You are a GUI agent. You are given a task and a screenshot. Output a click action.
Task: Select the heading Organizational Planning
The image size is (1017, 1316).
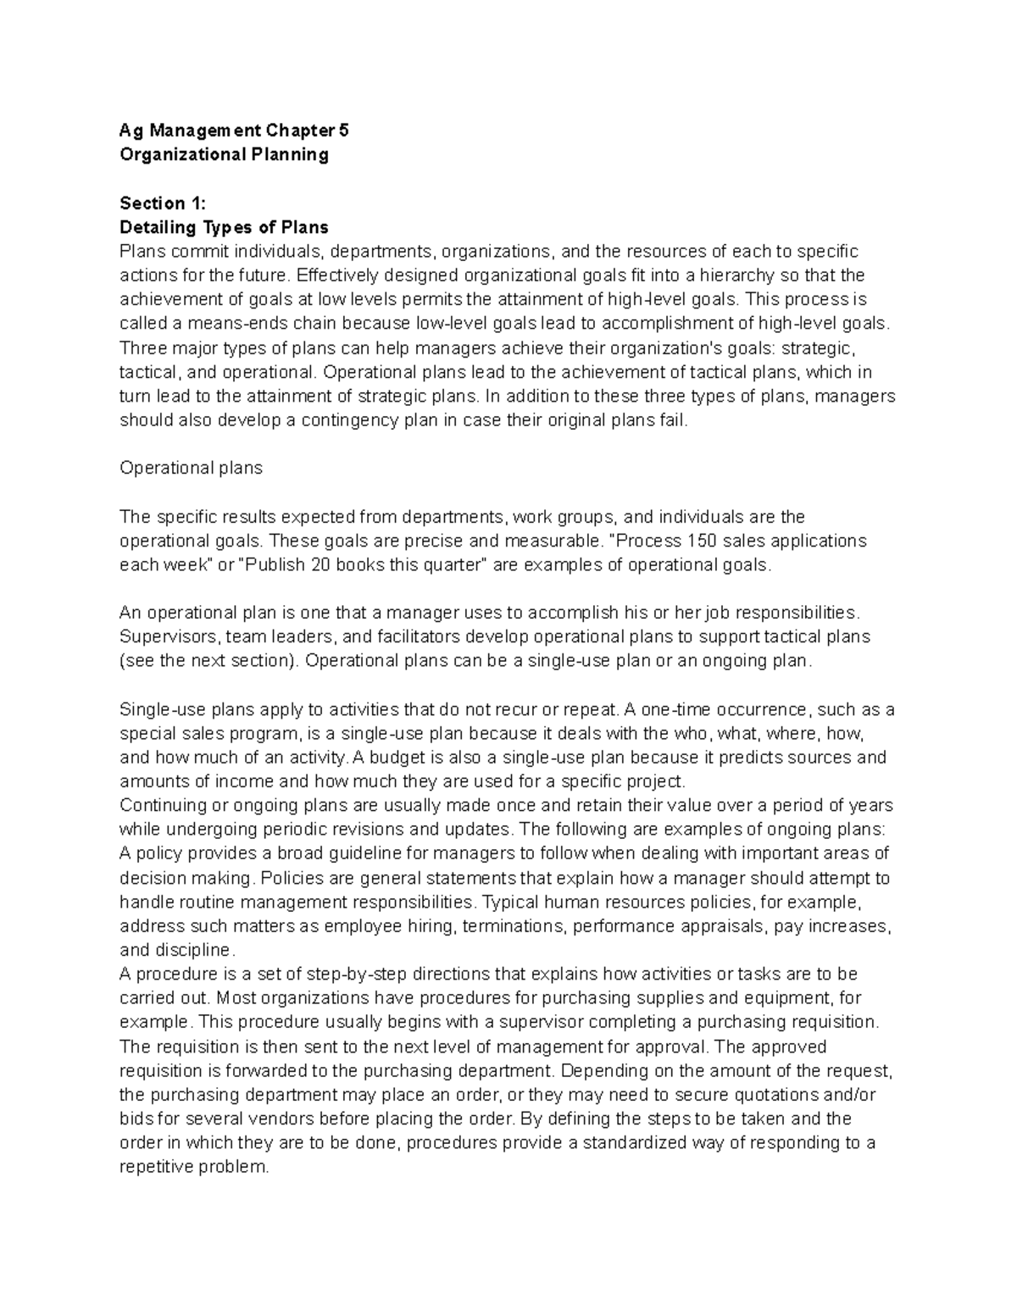(224, 154)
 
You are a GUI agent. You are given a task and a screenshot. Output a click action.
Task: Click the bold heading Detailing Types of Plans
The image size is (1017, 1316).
(224, 227)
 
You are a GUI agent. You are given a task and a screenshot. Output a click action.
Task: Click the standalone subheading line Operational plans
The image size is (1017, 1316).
(192, 468)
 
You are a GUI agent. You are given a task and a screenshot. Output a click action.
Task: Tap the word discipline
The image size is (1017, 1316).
(194, 949)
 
